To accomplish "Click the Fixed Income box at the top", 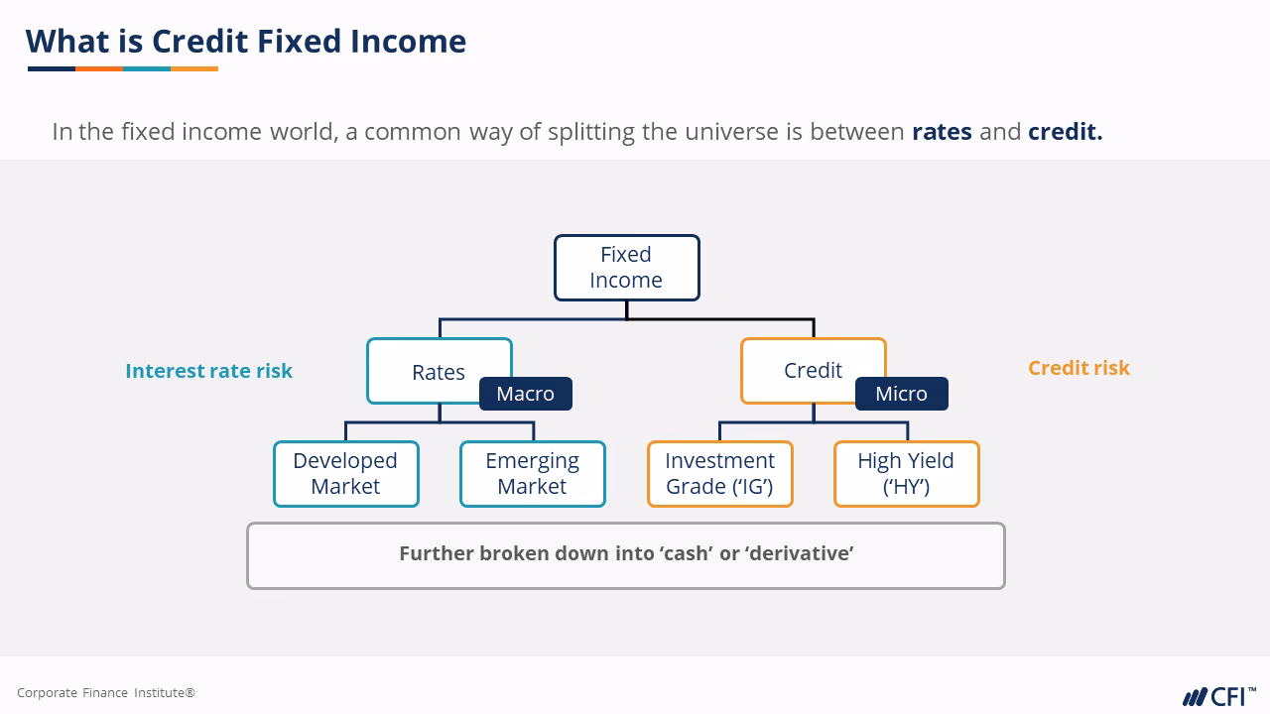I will [626, 268].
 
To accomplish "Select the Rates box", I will [438, 371].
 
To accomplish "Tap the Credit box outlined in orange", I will [812, 370].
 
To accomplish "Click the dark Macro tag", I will [525, 394].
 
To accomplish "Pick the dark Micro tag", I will [901, 394].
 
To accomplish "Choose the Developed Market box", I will [345, 474].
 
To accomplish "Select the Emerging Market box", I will [532, 474].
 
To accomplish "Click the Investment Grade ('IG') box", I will [719, 474].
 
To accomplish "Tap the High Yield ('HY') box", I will [906, 474].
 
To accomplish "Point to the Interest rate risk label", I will [208, 371].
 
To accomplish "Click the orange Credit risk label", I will [1079, 368].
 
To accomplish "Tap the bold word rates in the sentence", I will [942, 132].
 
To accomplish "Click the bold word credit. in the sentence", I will [1065, 132].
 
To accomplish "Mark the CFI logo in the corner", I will [1218, 695].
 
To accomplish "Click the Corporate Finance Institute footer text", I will [106, 693].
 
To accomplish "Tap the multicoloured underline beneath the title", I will [123, 69].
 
